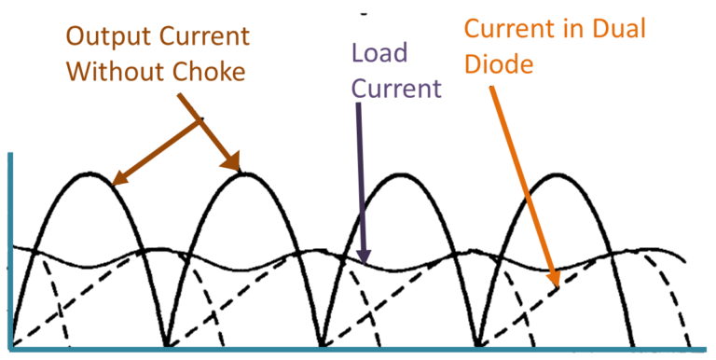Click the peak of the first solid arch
(x=90, y=173)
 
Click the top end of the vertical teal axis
(x=11, y=155)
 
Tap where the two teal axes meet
(x=11, y=349)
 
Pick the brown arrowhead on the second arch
(x=239, y=171)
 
